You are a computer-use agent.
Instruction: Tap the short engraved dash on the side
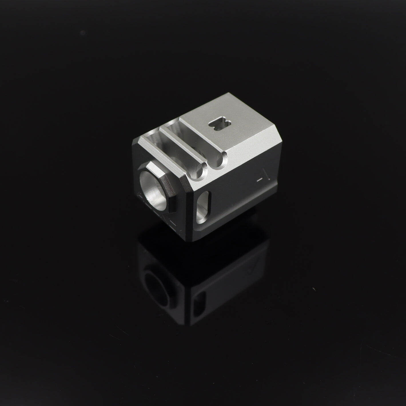click(260, 180)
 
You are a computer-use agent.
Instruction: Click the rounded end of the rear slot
click(220, 163)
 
